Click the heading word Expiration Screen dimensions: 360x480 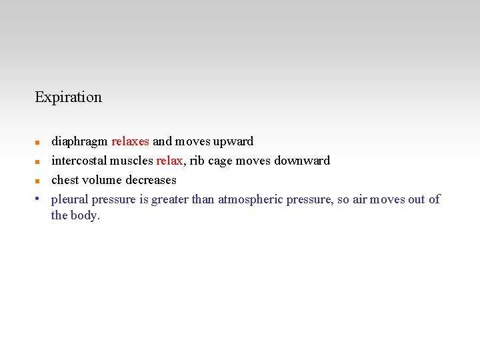point(68,97)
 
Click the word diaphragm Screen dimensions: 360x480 point(80,141)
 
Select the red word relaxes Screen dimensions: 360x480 point(131,141)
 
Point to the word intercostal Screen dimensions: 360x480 point(79,161)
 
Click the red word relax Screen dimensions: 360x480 point(169,161)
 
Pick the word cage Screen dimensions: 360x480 point(220,161)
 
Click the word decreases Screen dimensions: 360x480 point(152,180)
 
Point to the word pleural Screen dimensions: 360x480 point(70,199)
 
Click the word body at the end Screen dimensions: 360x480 point(85,215)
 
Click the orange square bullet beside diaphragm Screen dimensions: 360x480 point(39,142)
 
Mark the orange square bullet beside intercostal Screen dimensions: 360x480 point(39,161)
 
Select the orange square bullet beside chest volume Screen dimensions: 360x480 point(39,181)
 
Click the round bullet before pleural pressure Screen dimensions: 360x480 point(39,199)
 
